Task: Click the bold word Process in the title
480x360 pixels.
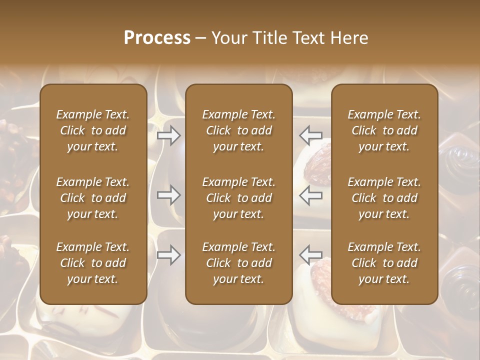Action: [x=157, y=38]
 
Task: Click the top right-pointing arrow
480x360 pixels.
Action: [x=168, y=135]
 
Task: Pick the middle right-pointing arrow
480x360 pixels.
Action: [x=168, y=195]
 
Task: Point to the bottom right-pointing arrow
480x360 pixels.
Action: [x=168, y=255]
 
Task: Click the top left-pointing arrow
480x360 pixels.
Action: [x=311, y=135]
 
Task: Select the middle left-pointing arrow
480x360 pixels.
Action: [x=311, y=195]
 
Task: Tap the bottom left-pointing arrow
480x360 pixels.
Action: [x=311, y=255]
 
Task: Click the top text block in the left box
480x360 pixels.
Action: [x=93, y=130]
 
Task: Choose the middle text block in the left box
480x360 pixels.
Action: [x=93, y=198]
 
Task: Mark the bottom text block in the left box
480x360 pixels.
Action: [x=93, y=263]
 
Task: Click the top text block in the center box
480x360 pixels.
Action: [x=238, y=130]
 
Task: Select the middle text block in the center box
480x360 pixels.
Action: [x=238, y=198]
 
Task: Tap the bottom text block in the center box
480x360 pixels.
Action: [x=238, y=263]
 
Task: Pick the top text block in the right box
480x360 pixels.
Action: [x=384, y=130]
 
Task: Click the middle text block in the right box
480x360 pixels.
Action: [x=384, y=198]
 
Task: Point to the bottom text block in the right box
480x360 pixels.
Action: [x=384, y=263]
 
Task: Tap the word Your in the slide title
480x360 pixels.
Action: [x=228, y=38]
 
